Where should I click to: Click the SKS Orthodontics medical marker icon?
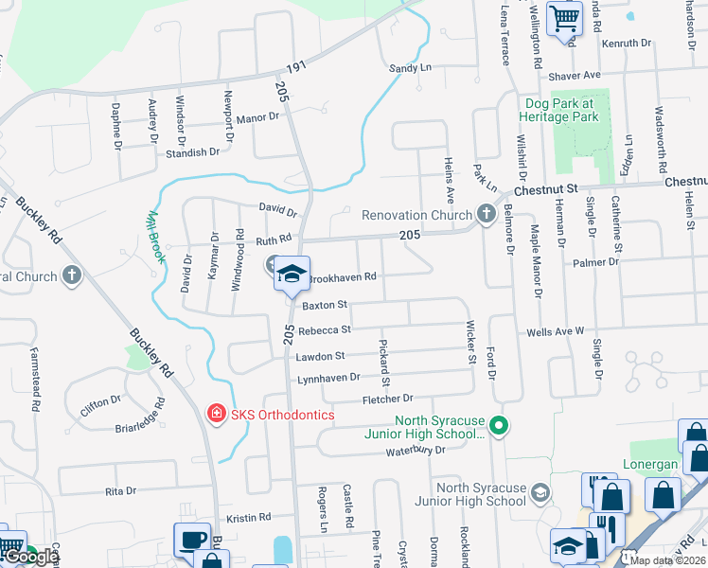point(215,414)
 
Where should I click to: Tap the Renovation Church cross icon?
point(487,214)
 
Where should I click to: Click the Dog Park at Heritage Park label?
point(558,110)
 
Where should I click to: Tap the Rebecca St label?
point(325,330)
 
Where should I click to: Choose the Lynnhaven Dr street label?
point(329,378)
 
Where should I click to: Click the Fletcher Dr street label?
point(388,399)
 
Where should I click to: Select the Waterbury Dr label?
point(415,451)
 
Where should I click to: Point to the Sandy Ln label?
point(410,68)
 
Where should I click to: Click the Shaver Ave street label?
point(578,75)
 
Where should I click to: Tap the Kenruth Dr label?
point(628,44)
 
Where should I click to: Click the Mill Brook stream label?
point(155,235)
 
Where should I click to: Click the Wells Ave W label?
point(556,331)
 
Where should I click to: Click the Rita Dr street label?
point(121,491)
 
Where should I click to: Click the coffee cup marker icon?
point(193,540)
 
